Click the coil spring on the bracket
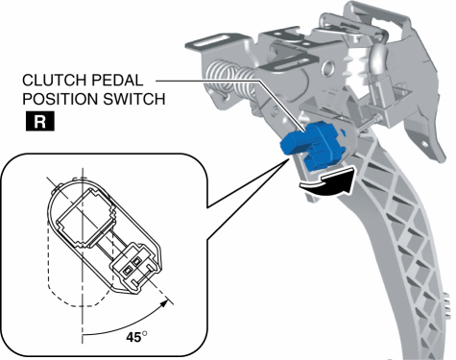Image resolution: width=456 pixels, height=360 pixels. pyautogui.click(x=227, y=76)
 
